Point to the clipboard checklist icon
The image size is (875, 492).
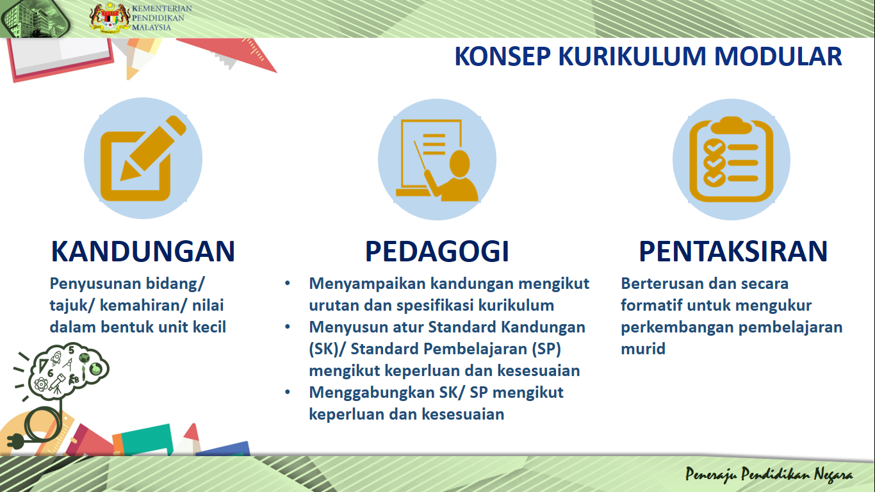click(731, 158)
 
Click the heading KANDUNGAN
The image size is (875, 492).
click(143, 252)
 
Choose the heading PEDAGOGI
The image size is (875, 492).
click(437, 252)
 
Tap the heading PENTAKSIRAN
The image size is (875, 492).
click(733, 252)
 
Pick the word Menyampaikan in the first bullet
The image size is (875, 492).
click(367, 284)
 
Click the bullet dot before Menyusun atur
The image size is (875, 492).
click(288, 327)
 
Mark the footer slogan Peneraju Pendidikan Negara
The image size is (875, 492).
click(769, 475)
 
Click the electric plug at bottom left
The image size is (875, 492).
click(14, 440)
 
